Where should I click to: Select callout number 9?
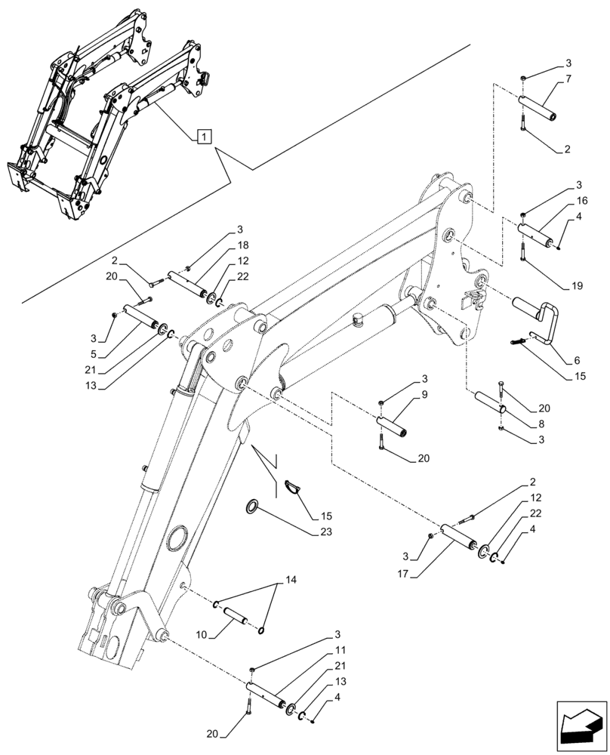[425, 396]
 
